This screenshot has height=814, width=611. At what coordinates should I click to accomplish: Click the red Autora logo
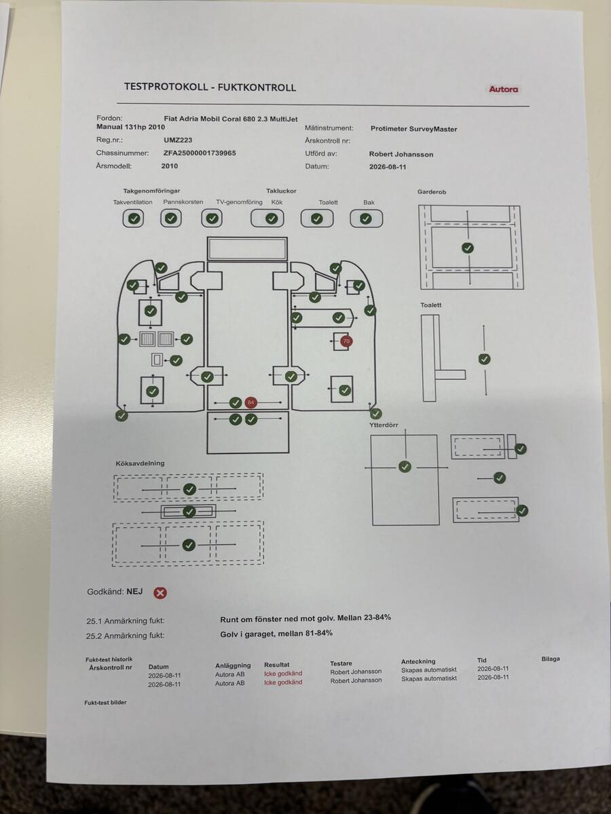click(504, 90)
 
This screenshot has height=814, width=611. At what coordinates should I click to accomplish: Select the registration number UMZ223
click(178, 140)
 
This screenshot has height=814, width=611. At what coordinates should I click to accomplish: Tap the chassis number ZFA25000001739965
click(200, 153)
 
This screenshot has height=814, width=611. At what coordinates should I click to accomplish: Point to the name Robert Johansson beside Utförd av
click(401, 154)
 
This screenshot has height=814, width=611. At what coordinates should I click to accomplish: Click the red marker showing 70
click(346, 341)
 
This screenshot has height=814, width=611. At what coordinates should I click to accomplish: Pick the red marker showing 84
click(251, 402)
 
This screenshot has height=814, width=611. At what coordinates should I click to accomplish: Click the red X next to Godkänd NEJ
click(160, 593)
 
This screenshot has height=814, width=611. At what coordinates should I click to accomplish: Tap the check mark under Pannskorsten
click(171, 218)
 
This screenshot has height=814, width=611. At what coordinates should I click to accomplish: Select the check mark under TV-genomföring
click(212, 218)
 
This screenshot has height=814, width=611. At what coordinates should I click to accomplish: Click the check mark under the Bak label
click(366, 219)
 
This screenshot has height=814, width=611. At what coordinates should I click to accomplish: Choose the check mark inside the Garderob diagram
click(468, 248)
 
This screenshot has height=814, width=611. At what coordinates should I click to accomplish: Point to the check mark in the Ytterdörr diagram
click(405, 467)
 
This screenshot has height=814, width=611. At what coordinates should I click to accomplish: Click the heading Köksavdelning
click(140, 463)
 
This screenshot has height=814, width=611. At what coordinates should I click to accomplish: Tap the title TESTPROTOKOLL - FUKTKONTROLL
click(210, 87)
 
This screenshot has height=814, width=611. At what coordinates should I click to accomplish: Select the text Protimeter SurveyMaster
click(413, 129)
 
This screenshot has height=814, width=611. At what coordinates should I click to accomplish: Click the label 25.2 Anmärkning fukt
click(125, 636)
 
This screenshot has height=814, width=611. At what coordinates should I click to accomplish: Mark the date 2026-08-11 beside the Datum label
click(388, 167)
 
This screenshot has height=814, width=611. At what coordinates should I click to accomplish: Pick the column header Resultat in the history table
click(276, 665)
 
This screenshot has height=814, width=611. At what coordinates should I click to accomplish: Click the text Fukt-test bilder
click(105, 702)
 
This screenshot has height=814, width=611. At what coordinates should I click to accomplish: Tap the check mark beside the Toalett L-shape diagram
click(484, 359)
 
